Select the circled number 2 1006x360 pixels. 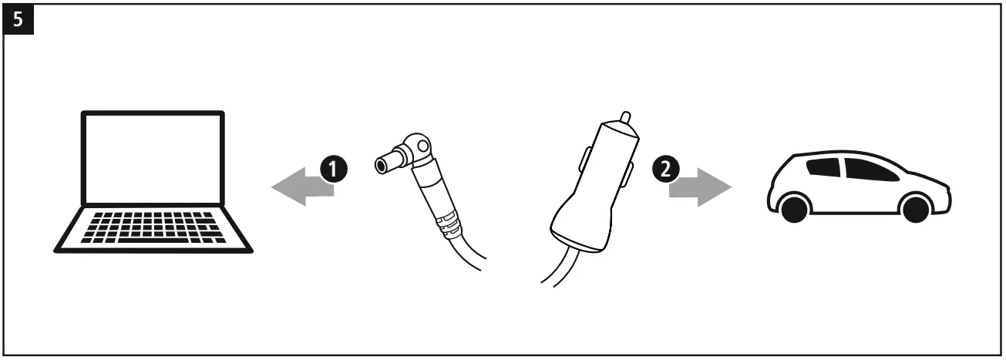click(x=665, y=170)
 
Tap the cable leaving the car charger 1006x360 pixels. click(x=559, y=270)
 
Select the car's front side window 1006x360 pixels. click(x=866, y=168)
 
